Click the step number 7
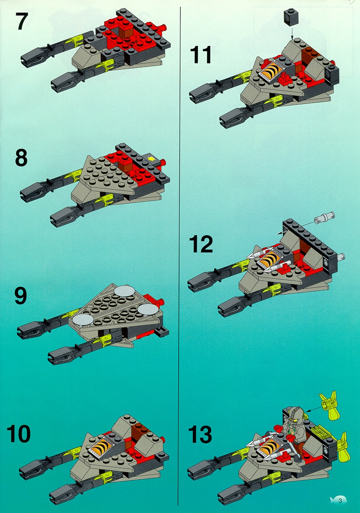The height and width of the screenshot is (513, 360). click(x=22, y=21)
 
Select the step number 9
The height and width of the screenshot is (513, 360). click(x=20, y=296)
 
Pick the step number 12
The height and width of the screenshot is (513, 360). click(x=201, y=244)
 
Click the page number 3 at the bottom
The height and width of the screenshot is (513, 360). click(x=340, y=500)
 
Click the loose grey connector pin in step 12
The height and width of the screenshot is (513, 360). click(x=324, y=218)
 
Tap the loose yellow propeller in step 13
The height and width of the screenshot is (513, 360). click(x=330, y=405)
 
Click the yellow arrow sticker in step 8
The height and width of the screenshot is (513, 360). click(x=152, y=159)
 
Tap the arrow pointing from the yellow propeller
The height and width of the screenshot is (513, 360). click(x=310, y=408)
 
